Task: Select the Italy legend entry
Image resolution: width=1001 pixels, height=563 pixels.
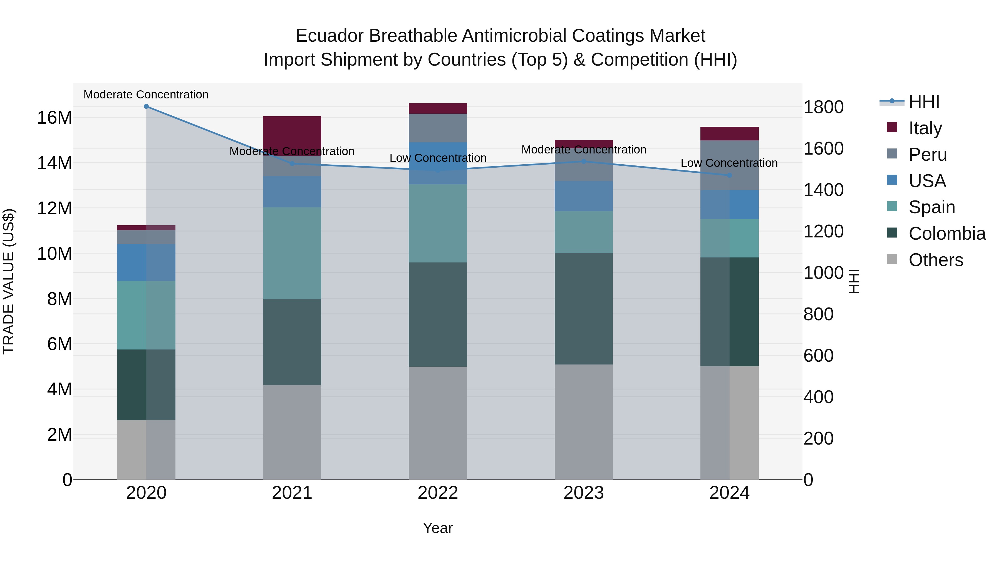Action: click(x=925, y=128)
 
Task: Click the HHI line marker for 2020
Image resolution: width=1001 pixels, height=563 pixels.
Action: click(x=146, y=106)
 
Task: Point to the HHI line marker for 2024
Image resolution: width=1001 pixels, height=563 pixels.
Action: click(x=729, y=175)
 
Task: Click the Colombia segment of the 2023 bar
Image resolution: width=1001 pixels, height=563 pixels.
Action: click(x=583, y=309)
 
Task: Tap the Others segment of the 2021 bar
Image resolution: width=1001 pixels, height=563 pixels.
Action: click(x=292, y=432)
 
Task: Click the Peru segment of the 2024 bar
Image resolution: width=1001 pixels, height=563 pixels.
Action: click(x=729, y=165)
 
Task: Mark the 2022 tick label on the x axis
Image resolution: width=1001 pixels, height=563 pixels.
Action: click(x=438, y=493)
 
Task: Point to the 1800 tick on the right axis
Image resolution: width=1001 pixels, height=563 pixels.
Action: click(x=823, y=107)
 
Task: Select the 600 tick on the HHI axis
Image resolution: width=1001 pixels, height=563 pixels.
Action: click(x=818, y=356)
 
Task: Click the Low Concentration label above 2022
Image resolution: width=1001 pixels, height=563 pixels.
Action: click(x=438, y=158)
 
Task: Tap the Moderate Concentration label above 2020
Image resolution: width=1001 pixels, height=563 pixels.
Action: click(x=146, y=95)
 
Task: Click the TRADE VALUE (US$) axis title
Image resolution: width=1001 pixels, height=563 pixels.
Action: click(x=9, y=281)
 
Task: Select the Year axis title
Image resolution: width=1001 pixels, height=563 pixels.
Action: click(x=438, y=528)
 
